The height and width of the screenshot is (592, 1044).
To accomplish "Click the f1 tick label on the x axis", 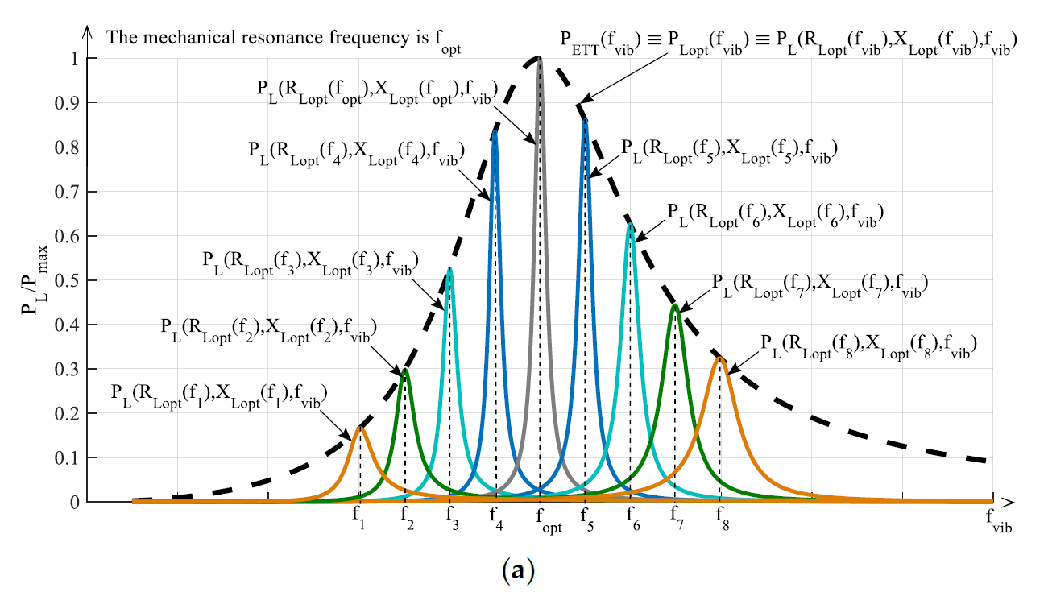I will tap(358, 520).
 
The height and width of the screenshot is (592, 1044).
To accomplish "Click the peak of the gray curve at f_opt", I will tap(540, 58).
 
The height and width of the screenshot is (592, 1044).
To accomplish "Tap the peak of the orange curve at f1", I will tap(359, 428).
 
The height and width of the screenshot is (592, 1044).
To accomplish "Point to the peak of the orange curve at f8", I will tap(719, 358).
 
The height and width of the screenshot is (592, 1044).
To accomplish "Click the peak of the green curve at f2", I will tap(404, 370).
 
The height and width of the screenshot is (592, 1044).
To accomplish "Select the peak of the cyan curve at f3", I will tap(449, 268).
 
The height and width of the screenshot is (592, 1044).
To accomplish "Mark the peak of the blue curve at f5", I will tap(585, 120).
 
